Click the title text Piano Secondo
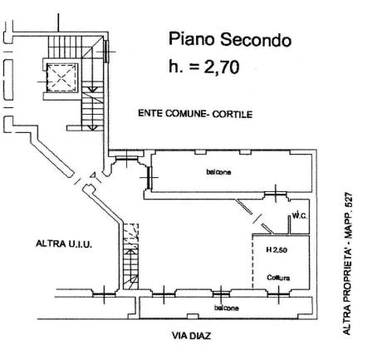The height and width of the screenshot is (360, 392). tap(230, 39)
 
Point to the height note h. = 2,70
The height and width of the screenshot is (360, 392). tap(204, 67)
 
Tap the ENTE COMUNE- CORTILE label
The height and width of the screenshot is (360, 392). tap(195, 114)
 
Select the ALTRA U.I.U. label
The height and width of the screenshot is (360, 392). tap(64, 244)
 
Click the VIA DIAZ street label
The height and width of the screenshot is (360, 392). tap(191, 336)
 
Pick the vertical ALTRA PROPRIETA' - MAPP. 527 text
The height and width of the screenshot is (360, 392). tap(347, 264)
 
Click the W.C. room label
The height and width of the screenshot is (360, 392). tap(300, 215)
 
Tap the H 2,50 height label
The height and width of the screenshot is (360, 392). tap(277, 250)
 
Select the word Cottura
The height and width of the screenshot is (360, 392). tap(278, 278)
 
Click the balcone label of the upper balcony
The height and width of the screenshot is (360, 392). tap(218, 172)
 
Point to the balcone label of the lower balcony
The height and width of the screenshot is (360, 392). tap(227, 308)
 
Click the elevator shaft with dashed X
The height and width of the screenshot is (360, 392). tap(62, 77)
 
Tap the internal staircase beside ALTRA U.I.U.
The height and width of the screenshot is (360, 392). tap(130, 256)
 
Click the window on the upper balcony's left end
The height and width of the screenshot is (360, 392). tap(149, 177)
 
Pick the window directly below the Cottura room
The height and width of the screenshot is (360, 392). tap(278, 294)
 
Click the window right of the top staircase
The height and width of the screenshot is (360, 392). tap(106, 52)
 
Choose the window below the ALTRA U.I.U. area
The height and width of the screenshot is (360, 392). tap(104, 294)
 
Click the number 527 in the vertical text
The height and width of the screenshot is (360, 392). tap(347, 200)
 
